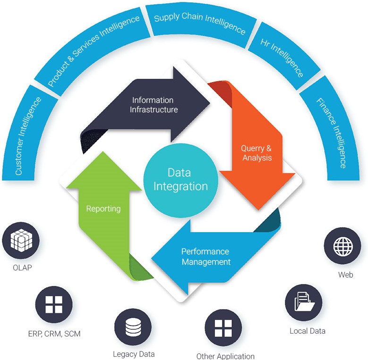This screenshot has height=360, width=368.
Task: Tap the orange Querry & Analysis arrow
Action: [x=255, y=151]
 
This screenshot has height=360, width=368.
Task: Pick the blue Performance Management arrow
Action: [x=208, y=257]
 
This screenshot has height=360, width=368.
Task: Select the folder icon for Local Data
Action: [x=304, y=302]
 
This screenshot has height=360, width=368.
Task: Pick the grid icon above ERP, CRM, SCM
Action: [x=54, y=304]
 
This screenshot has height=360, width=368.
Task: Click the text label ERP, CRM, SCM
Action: [x=54, y=334]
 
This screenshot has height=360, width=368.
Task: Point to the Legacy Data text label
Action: [x=134, y=354]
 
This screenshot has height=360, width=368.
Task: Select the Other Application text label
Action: [x=225, y=356]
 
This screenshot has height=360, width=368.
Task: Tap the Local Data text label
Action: [x=307, y=331]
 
